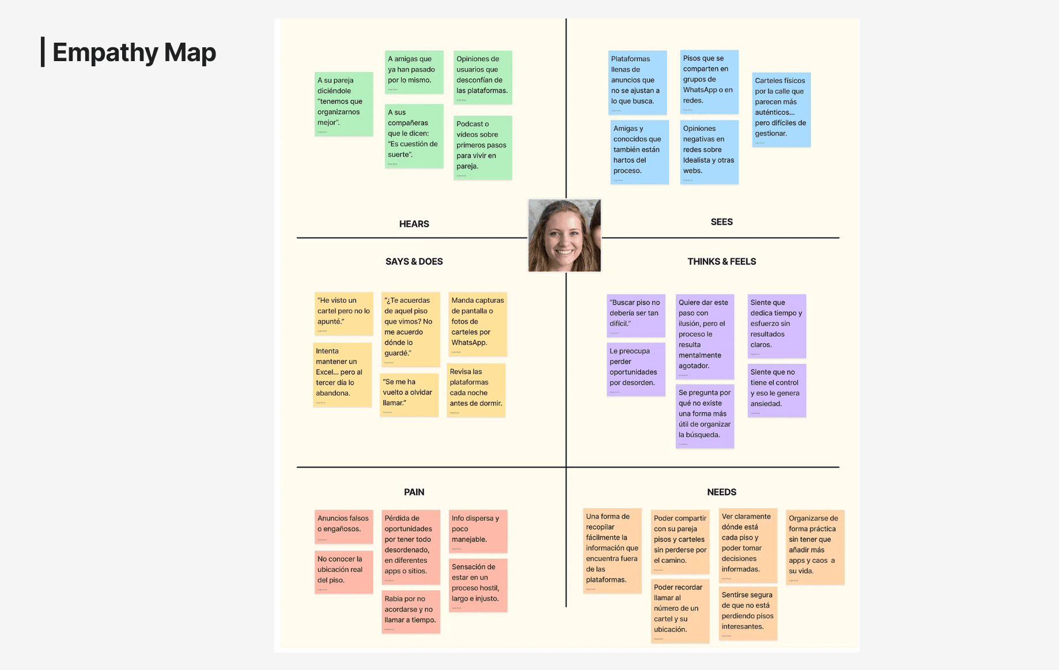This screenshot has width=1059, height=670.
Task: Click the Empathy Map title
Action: [x=134, y=52]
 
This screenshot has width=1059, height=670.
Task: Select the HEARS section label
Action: [x=414, y=224]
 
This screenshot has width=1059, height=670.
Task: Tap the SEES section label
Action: [x=721, y=222]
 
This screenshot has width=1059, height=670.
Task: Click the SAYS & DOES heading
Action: [x=414, y=262]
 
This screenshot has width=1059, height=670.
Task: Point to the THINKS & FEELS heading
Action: [x=721, y=262]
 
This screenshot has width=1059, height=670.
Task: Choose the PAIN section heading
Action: [x=414, y=492]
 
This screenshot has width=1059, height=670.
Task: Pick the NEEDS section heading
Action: [x=721, y=492]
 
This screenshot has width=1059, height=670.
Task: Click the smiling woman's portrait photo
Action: [x=564, y=235]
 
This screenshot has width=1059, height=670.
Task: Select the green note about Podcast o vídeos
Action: [x=482, y=148]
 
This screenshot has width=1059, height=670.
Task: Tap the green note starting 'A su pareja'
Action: [x=343, y=104]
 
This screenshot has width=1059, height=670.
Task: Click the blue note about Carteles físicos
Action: [x=781, y=110]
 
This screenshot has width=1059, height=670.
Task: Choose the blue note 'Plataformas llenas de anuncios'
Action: [x=637, y=82]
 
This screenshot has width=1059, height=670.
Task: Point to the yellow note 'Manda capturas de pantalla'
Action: [x=478, y=323]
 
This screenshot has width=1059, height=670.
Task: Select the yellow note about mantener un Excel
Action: [x=342, y=375]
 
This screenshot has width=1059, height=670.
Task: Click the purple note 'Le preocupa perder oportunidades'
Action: [x=636, y=370]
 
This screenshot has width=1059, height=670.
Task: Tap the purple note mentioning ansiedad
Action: [x=776, y=390]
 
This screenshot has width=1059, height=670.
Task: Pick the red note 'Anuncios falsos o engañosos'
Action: [x=343, y=526]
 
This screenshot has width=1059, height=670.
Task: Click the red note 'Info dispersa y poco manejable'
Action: [x=478, y=531]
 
